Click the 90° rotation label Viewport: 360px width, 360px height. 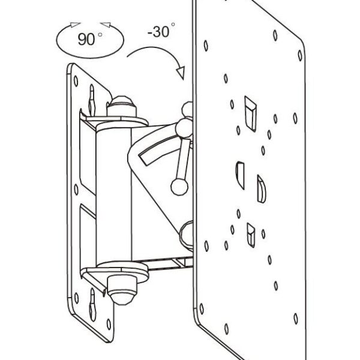[x=90, y=38]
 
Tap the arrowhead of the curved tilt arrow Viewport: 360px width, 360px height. [x=181, y=73]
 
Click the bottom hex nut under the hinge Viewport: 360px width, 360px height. [x=122, y=290]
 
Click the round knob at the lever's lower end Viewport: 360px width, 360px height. [x=179, y=187]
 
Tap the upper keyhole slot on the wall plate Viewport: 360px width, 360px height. [x=92, y=101]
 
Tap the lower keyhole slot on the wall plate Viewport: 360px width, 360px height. [x=92, y=304]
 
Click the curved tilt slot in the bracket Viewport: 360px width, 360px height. [x=161, y=152]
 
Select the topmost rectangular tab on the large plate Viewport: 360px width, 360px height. [x=250, y=114]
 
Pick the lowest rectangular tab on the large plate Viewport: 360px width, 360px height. [x=251, y=235]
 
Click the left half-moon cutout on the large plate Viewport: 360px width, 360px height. [x=240, y=175]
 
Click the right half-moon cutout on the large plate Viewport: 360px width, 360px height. [x=261, y=189]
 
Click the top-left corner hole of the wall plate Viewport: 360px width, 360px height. [x=76, y=81]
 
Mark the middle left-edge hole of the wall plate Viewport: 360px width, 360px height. [x=76, y=190]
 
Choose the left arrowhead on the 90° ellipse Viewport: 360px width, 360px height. [x=75, y=25]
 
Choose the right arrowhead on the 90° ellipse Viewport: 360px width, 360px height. [x=106, y=25]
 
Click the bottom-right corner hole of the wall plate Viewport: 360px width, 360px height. [x=109, y=324]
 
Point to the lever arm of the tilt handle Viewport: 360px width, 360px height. [x=183, y=158]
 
